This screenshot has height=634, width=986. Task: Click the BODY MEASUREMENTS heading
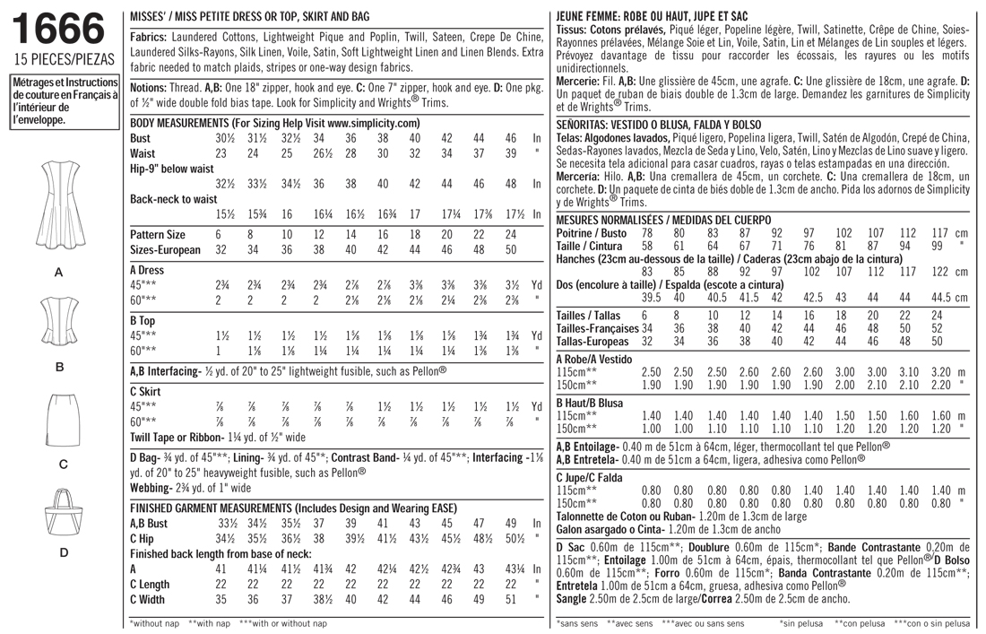(275, 122)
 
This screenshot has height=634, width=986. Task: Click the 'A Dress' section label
(151, 267)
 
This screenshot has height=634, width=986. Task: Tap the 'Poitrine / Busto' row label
(592, 231)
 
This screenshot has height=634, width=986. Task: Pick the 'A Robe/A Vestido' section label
(600, 358)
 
